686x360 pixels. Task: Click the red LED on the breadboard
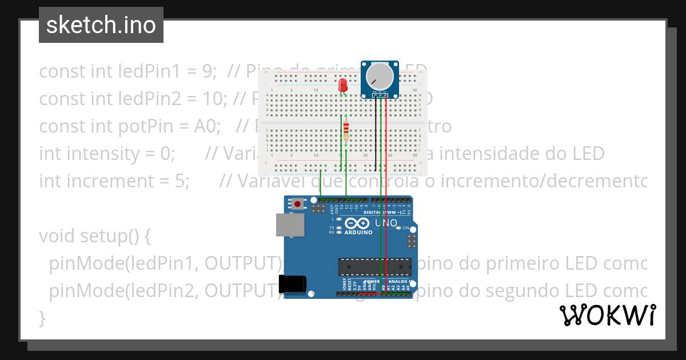pyautogui.click(x=343, y=86)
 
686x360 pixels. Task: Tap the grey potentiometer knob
pyautogui.click(x=379, y=77)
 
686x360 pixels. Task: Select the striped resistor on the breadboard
pyautogui.click(x=346, y=133)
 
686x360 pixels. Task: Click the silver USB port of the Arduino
pyautogui.click(x=290, y=225)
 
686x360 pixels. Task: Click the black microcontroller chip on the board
pyautogui.click(x=374, y=267)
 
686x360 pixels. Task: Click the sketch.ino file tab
pyautogui.click(x=101, y=25)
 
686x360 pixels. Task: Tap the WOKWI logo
pyautogui.click(x=608, y=315)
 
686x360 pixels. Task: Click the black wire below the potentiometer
pyautogui.click(x=376, y=134)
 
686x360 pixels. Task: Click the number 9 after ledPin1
pyautogui.click(x=208, y=71)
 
